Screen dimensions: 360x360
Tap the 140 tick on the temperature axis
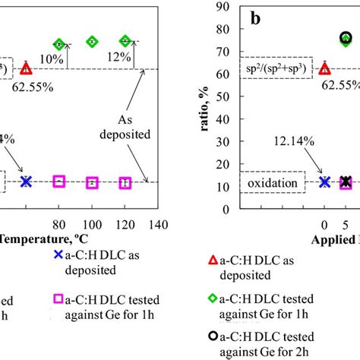click(158, 204)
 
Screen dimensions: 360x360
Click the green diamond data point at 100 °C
click(92, 42)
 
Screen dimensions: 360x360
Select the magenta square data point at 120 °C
click(126, 182)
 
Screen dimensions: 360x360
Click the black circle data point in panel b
click(346, 37)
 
